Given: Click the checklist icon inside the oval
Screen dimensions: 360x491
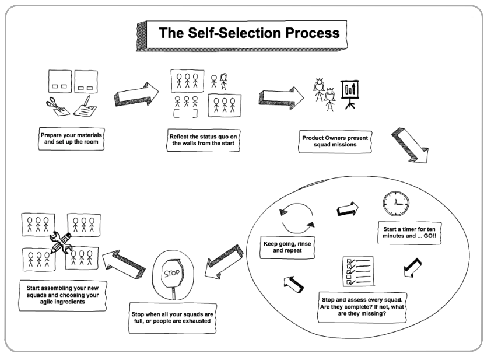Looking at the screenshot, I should (x=350, y=270).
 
